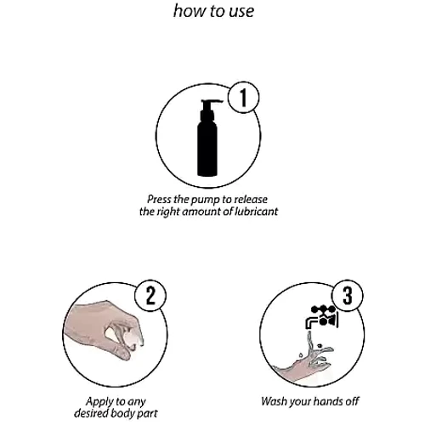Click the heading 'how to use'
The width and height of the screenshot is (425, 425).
(213, 11)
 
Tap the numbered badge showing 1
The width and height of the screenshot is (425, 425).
(244, 97)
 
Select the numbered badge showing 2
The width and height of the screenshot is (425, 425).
(150, 296)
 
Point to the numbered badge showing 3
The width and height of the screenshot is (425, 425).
(348, 296)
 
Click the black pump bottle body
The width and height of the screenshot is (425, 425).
(207, 147)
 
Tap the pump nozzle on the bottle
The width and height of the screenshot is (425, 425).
(212, 102)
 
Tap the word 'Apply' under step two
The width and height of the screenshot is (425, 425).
(98, 402)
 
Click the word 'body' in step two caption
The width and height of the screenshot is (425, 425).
(123, 414)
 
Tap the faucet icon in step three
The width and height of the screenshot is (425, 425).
(322, 317)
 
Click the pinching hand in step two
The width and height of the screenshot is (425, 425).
(104, 330)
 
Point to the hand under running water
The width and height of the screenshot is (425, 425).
(303, 363)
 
